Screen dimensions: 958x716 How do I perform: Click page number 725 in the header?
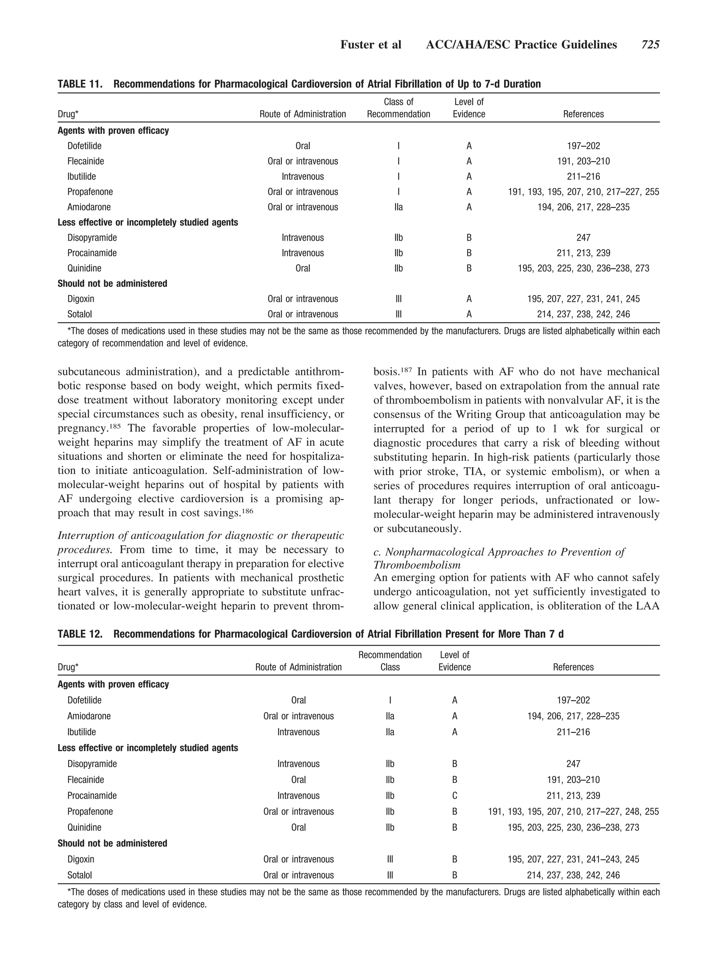point(650,45)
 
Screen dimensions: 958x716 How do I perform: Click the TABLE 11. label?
point(80,84)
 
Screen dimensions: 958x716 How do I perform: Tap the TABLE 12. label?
point(80,634)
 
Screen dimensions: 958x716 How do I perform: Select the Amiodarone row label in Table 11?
point(89,207)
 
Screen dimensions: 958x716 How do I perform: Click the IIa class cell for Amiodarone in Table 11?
point(398,207)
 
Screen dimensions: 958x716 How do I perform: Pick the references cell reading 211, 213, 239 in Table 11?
point(583,253)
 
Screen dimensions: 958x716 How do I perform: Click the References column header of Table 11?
point(583,114)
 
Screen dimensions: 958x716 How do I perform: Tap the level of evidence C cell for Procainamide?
point(454,795)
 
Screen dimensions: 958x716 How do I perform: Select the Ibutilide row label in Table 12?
point(81,732)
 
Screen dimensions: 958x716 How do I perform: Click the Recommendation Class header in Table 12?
point(390,661)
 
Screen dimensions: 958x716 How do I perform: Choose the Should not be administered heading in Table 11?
point(112,284)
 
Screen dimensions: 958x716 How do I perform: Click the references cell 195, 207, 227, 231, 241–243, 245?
point(573,859)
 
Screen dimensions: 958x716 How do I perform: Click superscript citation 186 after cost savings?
point(247,510)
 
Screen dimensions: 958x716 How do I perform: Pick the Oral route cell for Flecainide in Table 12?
point(299,779)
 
